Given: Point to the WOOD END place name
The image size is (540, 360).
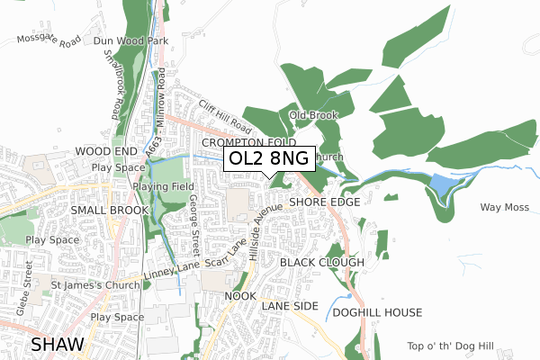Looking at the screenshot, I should pyautogui.click(x=105, y=151).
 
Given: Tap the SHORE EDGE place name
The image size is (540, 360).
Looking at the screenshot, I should pyautogui.click(x=325, y=202).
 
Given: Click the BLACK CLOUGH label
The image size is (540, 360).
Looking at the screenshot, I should pyautogui.click(x=321, y=262).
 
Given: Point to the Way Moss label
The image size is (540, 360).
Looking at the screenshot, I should pyautogui.click(x=502, y=208).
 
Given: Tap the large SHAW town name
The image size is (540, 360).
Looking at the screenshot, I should pyautogui.click(x=59, y=344).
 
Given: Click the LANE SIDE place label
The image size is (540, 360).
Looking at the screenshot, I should pyautogui.click(x=290, y=307).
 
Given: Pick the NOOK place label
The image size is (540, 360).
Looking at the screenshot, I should pyautogui.click(x=240, y=295).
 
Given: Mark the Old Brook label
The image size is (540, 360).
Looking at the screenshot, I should pyautogui.click(x=312, y=115).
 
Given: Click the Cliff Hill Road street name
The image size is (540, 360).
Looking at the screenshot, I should pyautogui.click(x=226, y=115).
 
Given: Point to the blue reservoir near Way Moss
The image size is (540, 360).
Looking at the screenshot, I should pyautogui.click(x=443, y=185).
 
